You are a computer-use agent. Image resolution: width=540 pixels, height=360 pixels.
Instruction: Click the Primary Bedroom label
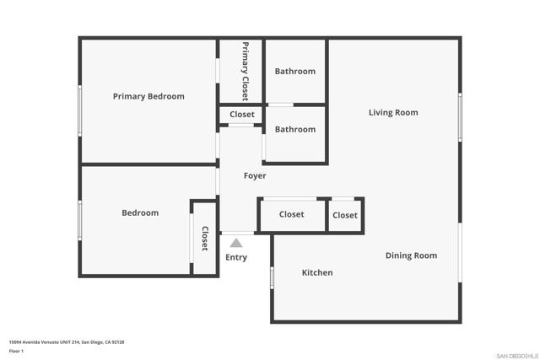tap(148, 96)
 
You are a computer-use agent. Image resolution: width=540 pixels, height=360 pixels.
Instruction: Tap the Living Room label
tap(393, 112)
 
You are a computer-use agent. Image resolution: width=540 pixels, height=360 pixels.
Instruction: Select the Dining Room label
tap(411, 255)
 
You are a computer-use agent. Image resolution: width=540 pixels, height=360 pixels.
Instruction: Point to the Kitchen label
tap(317, 272)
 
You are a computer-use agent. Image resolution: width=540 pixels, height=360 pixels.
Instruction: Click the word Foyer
tap(255, 176)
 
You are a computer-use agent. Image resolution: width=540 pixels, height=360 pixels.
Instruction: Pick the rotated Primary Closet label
tap(246, 72)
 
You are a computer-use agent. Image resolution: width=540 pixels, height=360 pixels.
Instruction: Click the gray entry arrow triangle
tap(236, 243)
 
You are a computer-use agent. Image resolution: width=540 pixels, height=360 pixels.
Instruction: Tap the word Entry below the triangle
tap(236, 257)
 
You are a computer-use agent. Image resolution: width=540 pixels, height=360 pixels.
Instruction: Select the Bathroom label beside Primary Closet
tap(295, 72)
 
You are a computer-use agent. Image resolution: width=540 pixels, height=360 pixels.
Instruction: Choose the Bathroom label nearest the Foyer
tap(295, 129)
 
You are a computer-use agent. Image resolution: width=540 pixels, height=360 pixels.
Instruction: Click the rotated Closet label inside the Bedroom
tap(204, 238)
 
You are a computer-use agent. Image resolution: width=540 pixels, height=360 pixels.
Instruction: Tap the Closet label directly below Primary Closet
tap(242, 115)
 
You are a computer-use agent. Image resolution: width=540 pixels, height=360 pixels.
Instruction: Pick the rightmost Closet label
tap(345, 216)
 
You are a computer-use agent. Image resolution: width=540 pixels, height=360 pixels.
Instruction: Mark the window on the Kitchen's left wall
tap(272, 278)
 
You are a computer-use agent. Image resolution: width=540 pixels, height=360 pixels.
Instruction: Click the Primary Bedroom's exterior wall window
tap(80, 110)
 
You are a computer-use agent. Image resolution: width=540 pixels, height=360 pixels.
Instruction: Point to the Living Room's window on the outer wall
tap(460, 117)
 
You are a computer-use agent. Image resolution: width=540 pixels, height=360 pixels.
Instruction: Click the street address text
tap(67, 342)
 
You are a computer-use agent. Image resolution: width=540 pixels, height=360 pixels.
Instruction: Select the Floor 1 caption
tap(16, 351)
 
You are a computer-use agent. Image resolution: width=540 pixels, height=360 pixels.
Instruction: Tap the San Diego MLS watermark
tap(517, 356)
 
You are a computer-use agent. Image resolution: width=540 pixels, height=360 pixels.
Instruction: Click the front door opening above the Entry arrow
tap(237, 234)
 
